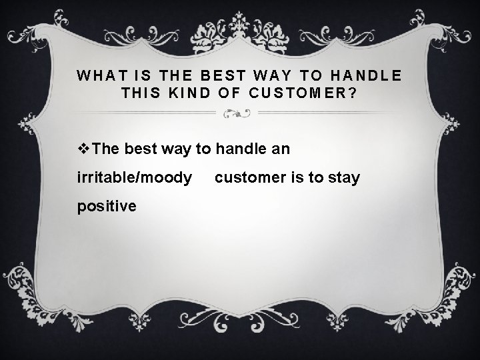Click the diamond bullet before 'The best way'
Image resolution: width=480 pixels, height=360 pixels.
pos(83,149)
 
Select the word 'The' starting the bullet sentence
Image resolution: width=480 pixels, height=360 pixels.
pos(106,149)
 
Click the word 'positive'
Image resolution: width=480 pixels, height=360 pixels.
pos(107,206)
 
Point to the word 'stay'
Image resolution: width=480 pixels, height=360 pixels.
pos(345,178)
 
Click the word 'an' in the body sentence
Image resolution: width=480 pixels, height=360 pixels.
pos(281,149)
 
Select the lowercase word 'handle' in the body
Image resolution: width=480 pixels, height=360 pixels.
pos(239,149)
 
